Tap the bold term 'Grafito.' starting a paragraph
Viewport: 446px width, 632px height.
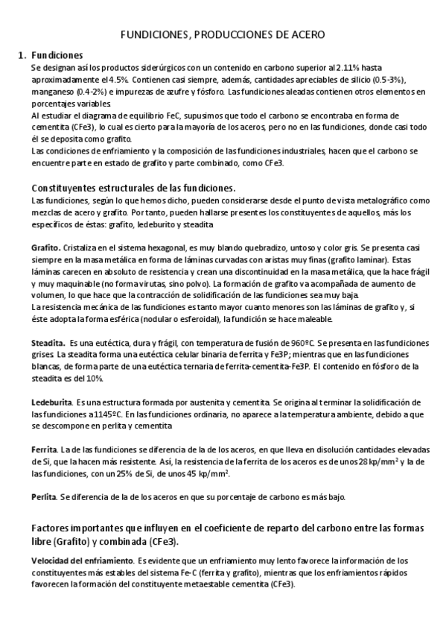point(47,247)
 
